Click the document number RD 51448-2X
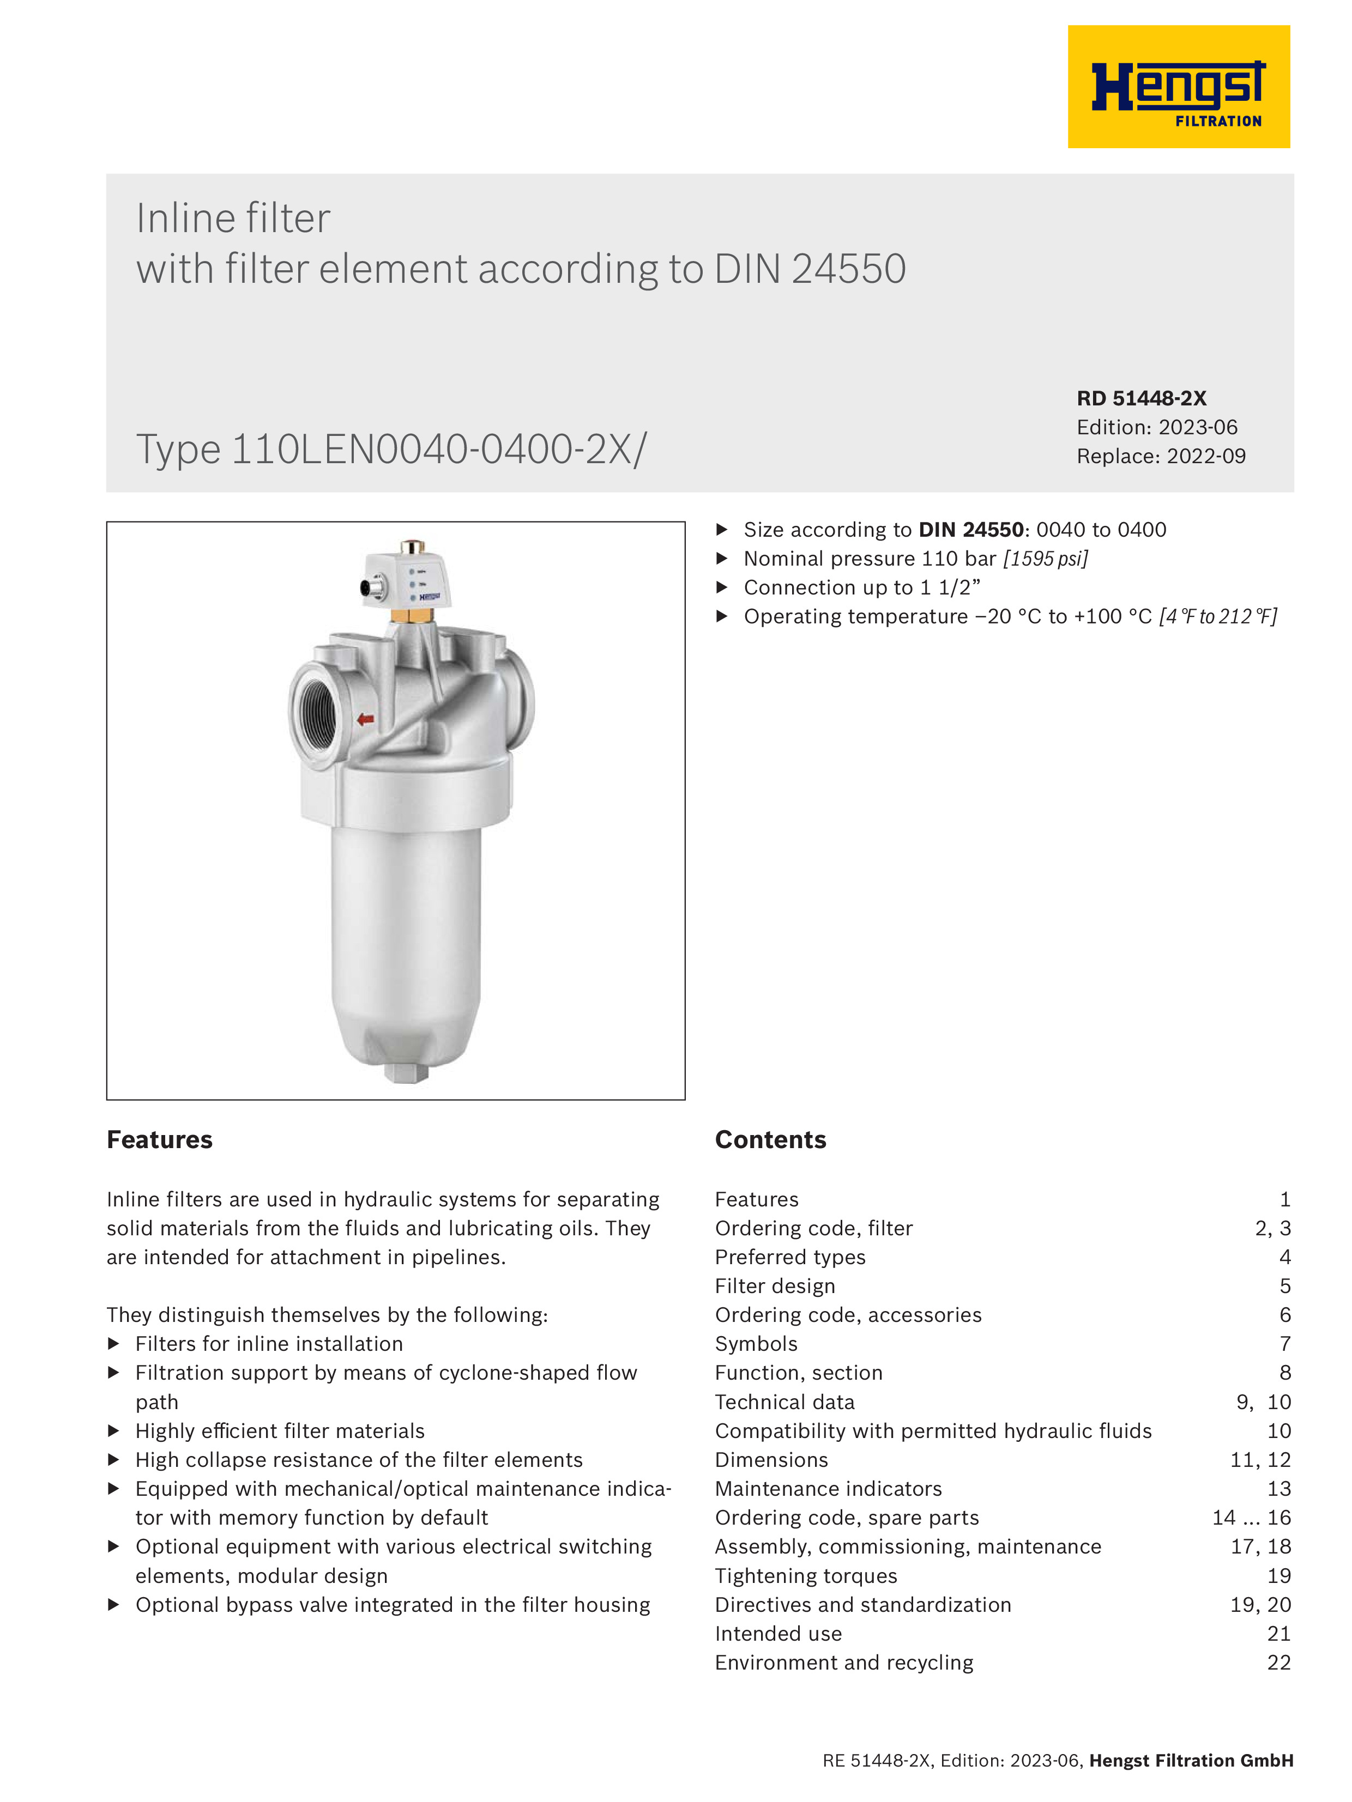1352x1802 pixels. [x=1141, y=398]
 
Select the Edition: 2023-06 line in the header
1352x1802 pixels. [x=1156, y=427]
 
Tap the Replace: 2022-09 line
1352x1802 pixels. [x=1161, y=456]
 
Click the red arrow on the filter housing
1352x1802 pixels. [x=365, y=719]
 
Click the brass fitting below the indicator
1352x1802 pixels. [x=412, y=614]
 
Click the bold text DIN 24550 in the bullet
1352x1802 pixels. [x=970, y=530]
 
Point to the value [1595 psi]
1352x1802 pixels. [x=1046, y=559]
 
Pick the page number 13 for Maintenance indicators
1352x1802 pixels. [x=1278, y=1488]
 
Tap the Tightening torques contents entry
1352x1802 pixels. [x=805, y=1575]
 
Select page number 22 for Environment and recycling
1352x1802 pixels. [x=1278, y=1663]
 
